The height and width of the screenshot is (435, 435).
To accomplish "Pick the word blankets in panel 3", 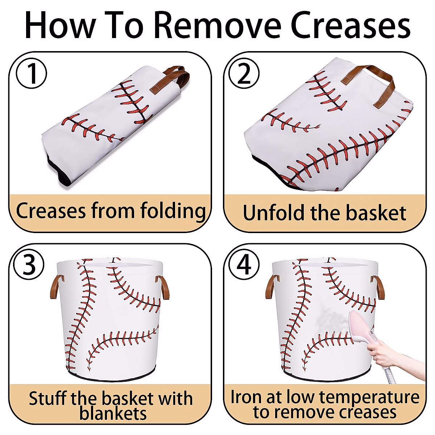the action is (x=113, y=413).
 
